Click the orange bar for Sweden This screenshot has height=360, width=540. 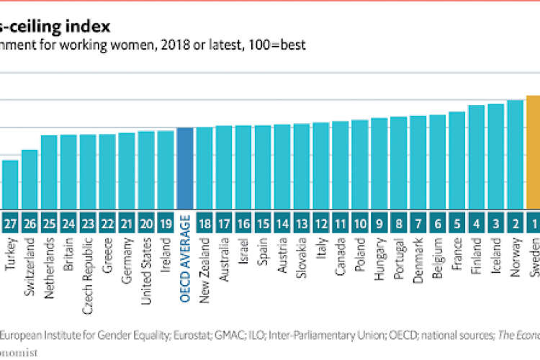(x=533, y=151)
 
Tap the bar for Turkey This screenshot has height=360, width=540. (x=11, y=184)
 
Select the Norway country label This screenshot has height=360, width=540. (x=515, y=252)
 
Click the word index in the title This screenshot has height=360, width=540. (x=92, y=27)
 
